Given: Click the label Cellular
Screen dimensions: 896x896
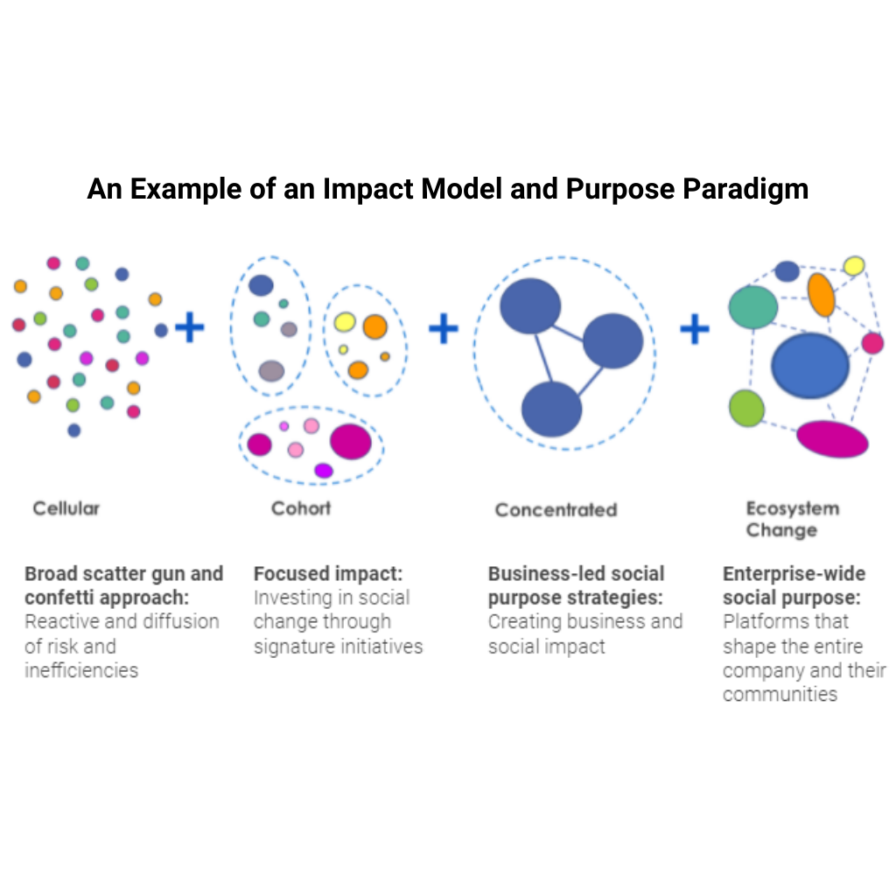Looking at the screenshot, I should point(66,507).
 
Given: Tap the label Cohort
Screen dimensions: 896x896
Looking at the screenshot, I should point(301,507).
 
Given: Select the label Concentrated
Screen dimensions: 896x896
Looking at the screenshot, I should point(556,509).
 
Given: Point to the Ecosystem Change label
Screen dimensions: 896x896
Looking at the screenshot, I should point(780,519).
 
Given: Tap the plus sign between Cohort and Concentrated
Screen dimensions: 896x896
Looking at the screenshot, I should point(443,329).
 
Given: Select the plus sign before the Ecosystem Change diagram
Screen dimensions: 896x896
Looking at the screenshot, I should point(694,329).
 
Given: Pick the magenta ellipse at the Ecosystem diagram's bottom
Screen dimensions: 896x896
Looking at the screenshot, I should point(832,439).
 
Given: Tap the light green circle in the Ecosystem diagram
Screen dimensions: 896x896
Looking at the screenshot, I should point(746,408).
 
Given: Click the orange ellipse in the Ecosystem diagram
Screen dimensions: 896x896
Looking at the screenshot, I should point(821,294).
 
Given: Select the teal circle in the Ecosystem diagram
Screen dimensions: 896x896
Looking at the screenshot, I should point(753,307).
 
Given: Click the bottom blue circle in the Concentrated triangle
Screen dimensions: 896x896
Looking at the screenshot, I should point(551,409).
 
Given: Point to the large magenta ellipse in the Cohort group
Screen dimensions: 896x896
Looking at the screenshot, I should point(350,442).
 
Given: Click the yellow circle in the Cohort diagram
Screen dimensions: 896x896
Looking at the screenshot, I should point(345,322).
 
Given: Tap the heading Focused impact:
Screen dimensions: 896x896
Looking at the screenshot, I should point(327,574).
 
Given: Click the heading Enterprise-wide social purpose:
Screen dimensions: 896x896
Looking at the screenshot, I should point(793,585).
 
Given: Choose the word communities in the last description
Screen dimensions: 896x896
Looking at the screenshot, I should point(780,694).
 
